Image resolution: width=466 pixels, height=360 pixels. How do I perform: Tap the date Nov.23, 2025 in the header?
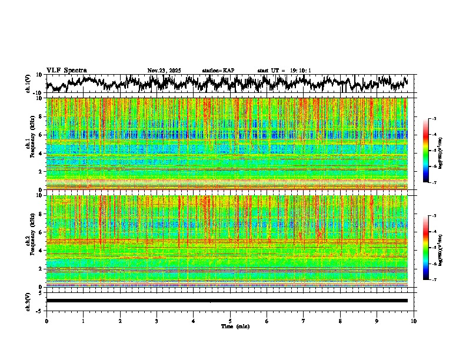click(x=164, y=71)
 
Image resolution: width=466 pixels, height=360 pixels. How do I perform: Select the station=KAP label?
click(x=218, y=71)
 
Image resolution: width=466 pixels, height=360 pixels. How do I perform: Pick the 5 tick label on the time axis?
click(x=230, y=321)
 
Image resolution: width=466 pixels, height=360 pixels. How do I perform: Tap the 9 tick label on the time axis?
click(x=377, y=321)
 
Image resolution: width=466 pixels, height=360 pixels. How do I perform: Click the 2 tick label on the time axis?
click(x=120, y=321)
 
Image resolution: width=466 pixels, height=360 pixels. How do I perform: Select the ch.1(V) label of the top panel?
click(x=28, y=84)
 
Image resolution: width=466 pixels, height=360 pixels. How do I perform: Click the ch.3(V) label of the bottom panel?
click(x=28, y=300)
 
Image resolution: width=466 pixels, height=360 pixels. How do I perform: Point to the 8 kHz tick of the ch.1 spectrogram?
click(x=40, y=116)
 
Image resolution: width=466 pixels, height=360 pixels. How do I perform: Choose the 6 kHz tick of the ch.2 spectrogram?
click(x=40, y=232)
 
